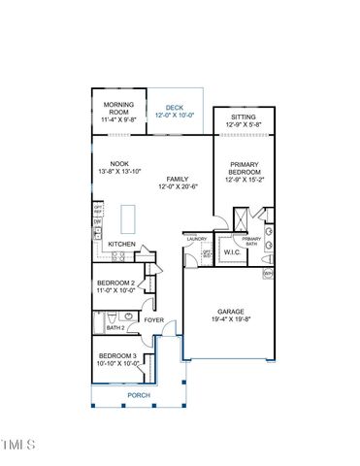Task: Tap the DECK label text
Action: point(174,108)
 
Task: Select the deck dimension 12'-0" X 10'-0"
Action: point(174,116)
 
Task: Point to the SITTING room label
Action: point(243,116)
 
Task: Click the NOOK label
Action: point(119,164)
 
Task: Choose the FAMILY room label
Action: point(177,179)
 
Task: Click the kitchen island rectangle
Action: point(127,215)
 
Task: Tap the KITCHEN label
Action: point(121,244)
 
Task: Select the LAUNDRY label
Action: point(198,237)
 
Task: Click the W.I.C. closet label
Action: point(232,252)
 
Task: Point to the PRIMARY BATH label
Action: point(251,241)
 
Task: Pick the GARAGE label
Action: point(230,312)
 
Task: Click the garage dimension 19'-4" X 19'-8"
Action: point(230,319)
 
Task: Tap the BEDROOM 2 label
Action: point(115,283)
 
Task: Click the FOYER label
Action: point(154,319)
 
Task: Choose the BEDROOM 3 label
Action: point(116,356)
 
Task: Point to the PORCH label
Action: point(139,395)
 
